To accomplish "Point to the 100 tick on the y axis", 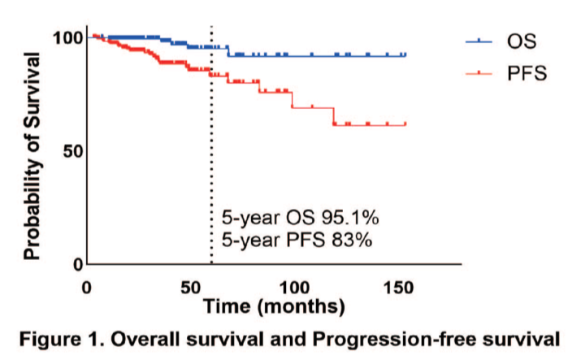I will pos(67,37).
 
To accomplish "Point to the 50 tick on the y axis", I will pos(72,151).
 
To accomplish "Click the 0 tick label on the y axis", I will pos(77,264).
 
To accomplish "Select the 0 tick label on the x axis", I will pos(87,287).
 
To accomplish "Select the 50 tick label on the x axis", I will pos(190,287).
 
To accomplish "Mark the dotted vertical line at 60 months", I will pos(211,163).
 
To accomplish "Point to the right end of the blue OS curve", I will pos(405,55).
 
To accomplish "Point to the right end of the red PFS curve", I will pos(405,124).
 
